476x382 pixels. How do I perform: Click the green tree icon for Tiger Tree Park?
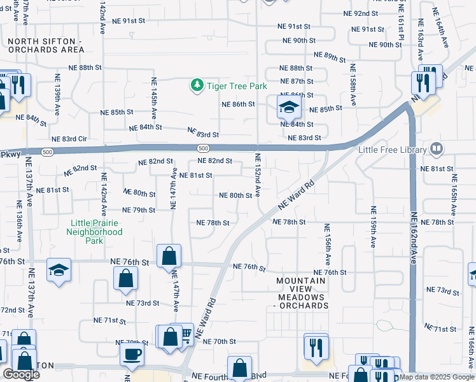197,85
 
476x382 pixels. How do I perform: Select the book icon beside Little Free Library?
437,150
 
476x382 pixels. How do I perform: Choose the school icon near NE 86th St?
288,107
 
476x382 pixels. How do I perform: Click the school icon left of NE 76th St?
59,270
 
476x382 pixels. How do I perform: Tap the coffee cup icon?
132,355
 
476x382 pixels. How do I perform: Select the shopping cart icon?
186,334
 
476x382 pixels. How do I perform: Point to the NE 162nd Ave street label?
413,237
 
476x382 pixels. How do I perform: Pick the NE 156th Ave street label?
327,245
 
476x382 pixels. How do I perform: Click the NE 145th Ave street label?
154,99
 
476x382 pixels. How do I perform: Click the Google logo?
21,374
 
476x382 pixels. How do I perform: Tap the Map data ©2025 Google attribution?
436,377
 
